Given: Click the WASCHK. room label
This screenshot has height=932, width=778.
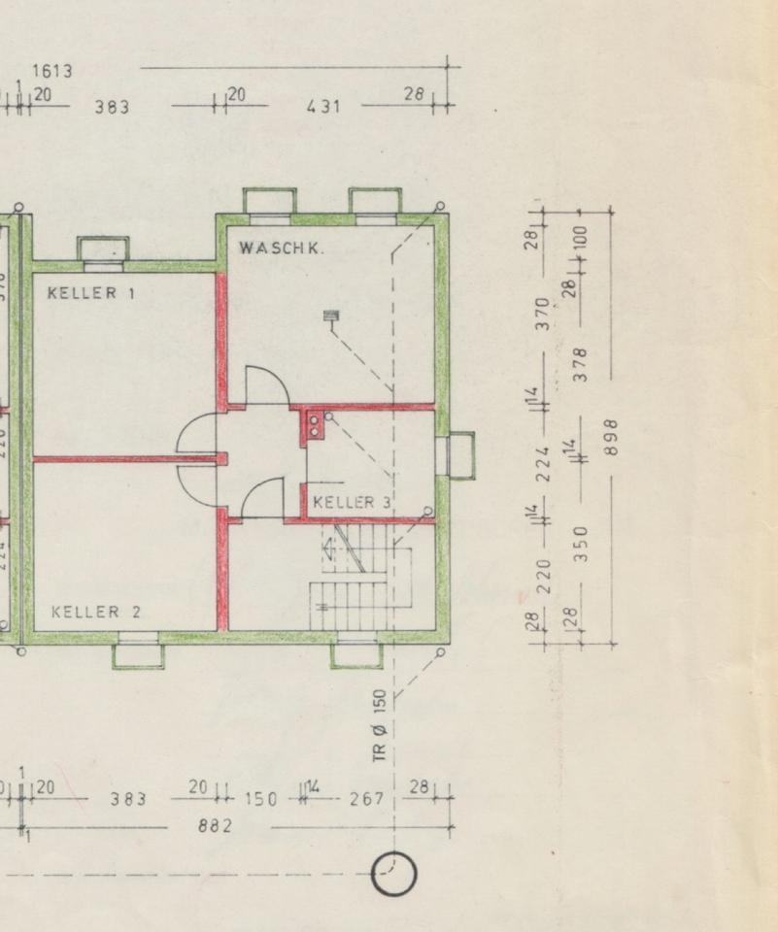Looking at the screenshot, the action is click(x=282, y=248).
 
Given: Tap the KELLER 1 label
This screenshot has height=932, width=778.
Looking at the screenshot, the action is click(x=91, y=292).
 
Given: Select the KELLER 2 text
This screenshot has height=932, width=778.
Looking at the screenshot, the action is click(x=96, y=612).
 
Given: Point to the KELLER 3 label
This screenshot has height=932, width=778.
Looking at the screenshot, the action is click(x=352, y=502).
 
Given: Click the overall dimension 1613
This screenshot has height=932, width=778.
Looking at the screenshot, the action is click(x=51, y=71).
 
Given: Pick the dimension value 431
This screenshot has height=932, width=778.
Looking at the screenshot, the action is click(x=323, y=106).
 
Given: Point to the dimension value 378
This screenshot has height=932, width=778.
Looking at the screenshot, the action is click(x=580, y=364).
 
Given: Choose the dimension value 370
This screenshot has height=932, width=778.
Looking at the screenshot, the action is click(x=544, y=314).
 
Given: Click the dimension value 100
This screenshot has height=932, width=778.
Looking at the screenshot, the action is click(x=580, y=237).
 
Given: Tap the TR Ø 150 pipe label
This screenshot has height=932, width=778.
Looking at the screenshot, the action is click(x=381, y=724).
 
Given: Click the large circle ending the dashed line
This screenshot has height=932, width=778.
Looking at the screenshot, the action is click(x=394, y=873).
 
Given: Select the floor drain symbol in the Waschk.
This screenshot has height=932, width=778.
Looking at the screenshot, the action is click(x=330, y=316).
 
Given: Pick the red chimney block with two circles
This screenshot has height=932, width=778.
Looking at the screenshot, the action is click(x=314, y=425).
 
